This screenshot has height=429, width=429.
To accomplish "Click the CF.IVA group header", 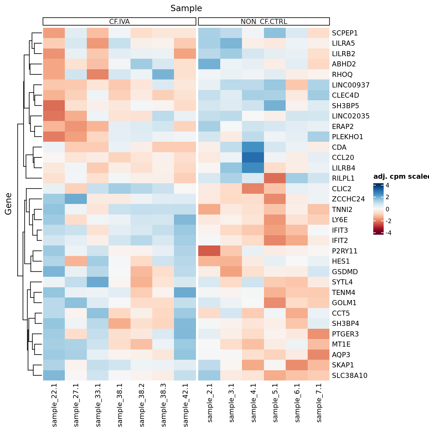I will (119, 22).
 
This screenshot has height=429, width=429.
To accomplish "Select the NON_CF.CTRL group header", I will (264, 22).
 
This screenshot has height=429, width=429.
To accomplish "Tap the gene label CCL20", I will (343, 158).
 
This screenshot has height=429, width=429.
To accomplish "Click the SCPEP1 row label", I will (345, 33).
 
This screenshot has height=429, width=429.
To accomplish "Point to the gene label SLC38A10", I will (350, 375).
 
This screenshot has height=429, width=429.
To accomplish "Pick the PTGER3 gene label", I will (345, 334).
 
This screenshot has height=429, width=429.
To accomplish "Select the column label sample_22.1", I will (54, 405).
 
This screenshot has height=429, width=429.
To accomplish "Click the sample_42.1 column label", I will (185, 405).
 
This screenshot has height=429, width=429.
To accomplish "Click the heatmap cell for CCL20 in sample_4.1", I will (253, 158).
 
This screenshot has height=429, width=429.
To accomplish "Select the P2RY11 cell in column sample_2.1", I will (209, 251).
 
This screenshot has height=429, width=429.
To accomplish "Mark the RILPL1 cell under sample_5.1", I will (275, 178).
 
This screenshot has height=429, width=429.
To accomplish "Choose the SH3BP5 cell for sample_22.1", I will (54, 106).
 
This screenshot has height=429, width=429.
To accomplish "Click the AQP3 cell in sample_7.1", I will (319, 355).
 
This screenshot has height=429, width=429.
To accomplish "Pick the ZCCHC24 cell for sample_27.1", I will (76, 199).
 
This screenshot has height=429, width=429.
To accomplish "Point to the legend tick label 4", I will (387, 185).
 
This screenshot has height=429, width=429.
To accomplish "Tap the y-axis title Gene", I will (8, 204).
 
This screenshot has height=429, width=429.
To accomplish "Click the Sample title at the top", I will (186, 8).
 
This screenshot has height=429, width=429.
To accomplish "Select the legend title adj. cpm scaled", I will (401, 177).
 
